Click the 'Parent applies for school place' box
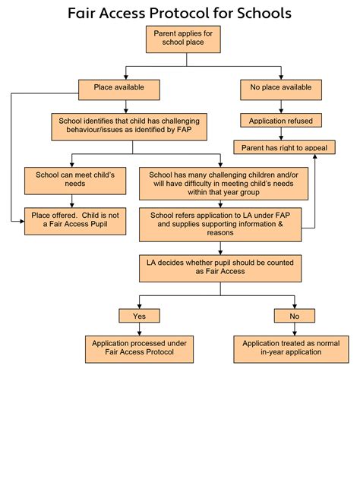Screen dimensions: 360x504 pyautogui.click(x=183, y=39)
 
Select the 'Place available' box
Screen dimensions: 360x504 pyautogui.click(x=119, y=90)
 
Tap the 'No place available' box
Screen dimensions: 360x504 pyautogui.click(x=281, y=90)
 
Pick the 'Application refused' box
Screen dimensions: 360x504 pyautogui.click(x=281, y=120)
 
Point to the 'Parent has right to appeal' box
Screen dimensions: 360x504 pyautogui.click(x=284, y=147)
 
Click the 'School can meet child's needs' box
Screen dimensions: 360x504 pyautogui.click(x=75, y=181)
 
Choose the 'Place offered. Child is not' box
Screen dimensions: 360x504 pyautogui.click(x=75, y=221)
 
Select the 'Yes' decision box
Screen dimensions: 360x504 pyautogui.click(x=139, y=316)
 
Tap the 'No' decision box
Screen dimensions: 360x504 pyautogui.click(x=295, y=316)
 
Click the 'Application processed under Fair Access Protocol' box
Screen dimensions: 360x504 pyautogui.click(x=139, y=349)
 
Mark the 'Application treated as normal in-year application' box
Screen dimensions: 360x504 pyautogui.click(x=291, y=349)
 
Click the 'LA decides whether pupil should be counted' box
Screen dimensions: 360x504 pyautogui.click(x=220, y=269)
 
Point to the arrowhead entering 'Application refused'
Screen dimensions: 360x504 pyautogui.click(x=281, y=112)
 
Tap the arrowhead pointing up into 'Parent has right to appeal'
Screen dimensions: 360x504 pyautogui.click(x=314, y=156)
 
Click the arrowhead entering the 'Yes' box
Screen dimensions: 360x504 pyautogui.click(x=139, y=307)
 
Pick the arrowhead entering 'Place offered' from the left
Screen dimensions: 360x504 pyautogui.click(x=22, y=221)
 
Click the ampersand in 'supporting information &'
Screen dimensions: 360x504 pyautogui.click(x=280, y=224)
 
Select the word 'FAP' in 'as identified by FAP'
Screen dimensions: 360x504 pyautogui.click(x=185, y=130)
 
